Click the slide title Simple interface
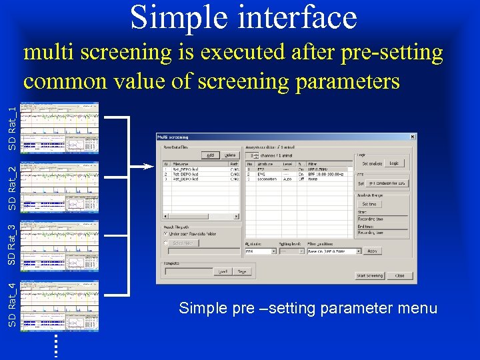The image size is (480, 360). click(x=243, y=18)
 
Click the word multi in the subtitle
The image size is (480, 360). click(x=49, y=53)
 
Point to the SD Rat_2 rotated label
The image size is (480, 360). click(x=12, y=188)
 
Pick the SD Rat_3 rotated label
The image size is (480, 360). click(x=12, y=243)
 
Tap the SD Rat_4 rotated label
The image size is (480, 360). click(x=12, y=304)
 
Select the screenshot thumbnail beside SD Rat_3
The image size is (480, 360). click(x=59, y=245)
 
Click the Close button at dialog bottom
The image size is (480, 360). click(x=399, y=275)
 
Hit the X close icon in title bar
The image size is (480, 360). click(x=413, y=137)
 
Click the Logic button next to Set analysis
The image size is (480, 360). click(x=394, y=163)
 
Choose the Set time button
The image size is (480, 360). click(x=369, y=204)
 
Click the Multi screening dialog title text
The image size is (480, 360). click(x=173, y=137)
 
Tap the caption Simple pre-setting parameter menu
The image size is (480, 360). click(x=308, y=309)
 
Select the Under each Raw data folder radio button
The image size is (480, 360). click(x=166, y=233)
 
